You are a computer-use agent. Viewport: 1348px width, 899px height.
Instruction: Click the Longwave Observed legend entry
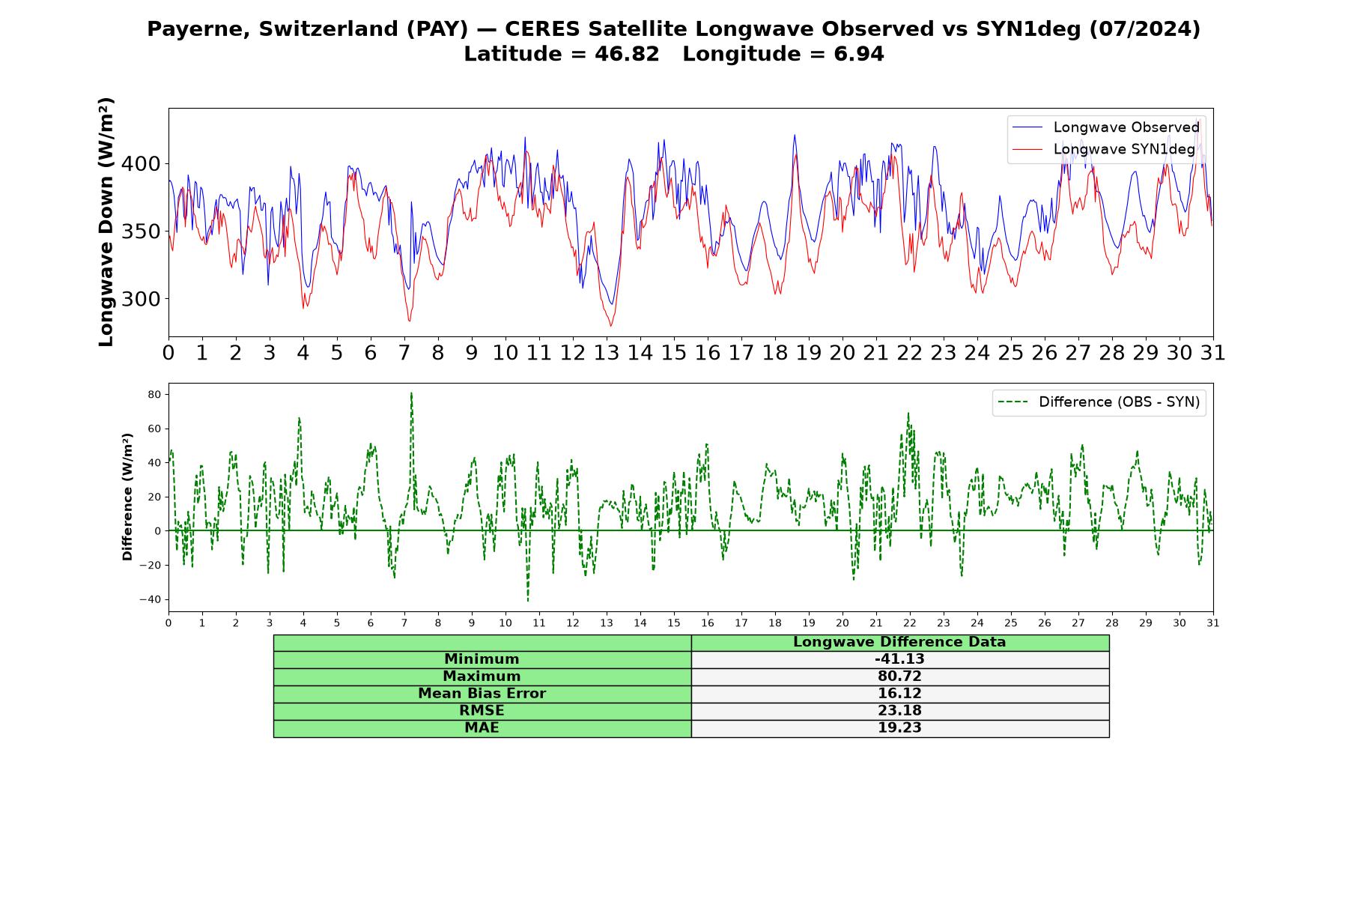pyautogui.click(x=1105, y=127)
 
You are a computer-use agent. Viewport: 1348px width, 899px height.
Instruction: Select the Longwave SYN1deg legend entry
pyautogui.click(x=1104, y=149)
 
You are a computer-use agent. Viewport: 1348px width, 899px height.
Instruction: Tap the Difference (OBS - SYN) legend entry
pyautogui.click(x=1099, y=402)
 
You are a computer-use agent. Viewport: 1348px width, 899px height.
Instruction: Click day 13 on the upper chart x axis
pyautogui.click(x=606, y=353)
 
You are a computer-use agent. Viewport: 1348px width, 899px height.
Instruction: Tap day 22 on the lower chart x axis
pyautogui.click(x=909, y=623)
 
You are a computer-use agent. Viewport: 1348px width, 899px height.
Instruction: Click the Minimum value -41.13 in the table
pyautogui.click(x=899, y=659)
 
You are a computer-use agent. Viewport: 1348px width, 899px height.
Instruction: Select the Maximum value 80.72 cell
pyautogui.click(x=899, y=676)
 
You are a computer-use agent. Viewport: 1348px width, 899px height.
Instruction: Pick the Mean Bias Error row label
pyautogui.click(x=482, y=694)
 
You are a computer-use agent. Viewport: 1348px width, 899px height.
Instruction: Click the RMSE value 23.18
pyautogui.click(x=899, y=711)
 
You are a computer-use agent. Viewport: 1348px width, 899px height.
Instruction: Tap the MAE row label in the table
pyautogui.click(x=482, y=728)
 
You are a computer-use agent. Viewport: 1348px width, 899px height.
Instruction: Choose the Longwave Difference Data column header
pyautogui.click(x=899, y=642)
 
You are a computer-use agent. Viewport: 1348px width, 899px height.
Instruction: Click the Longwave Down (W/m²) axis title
pyautogui.click(x=106, y=222)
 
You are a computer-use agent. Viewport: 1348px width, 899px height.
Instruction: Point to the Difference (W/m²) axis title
pyautogui.click(x=127, y=497)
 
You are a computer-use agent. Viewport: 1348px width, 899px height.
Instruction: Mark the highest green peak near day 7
pyautogui.click(x=411, y=393)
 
